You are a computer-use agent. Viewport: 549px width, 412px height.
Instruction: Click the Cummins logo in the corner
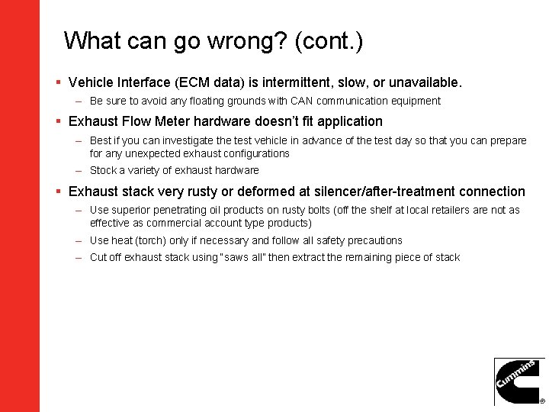(519, 381)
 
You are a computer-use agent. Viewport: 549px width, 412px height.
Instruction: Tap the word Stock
(103, 170)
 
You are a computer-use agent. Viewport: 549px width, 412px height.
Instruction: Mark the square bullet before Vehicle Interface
(59, 82)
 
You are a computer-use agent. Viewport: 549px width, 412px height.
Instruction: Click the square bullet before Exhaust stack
(59, 192)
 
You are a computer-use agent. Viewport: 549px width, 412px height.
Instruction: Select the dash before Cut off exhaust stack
(79, 257)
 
